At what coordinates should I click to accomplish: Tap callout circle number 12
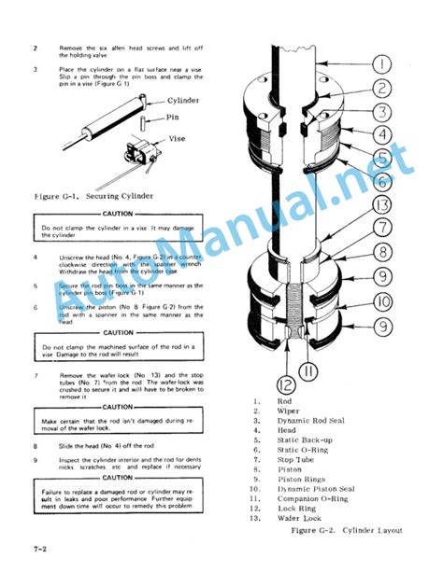(286, 382)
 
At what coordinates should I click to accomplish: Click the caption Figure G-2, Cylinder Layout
(349, 530)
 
